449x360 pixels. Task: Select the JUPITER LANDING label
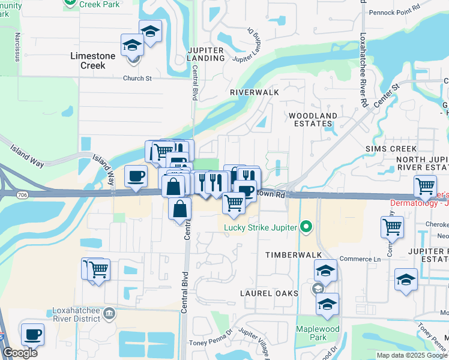[206, 54]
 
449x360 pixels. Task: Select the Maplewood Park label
[318, 334]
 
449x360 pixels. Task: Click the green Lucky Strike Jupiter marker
[307, 227]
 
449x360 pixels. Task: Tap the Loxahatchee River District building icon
[109, 312]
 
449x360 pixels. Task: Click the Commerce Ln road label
[360, 259]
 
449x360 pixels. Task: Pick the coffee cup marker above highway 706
[135, 176]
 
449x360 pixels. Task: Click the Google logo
[20, 353]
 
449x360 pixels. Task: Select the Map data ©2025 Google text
[412, 355]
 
